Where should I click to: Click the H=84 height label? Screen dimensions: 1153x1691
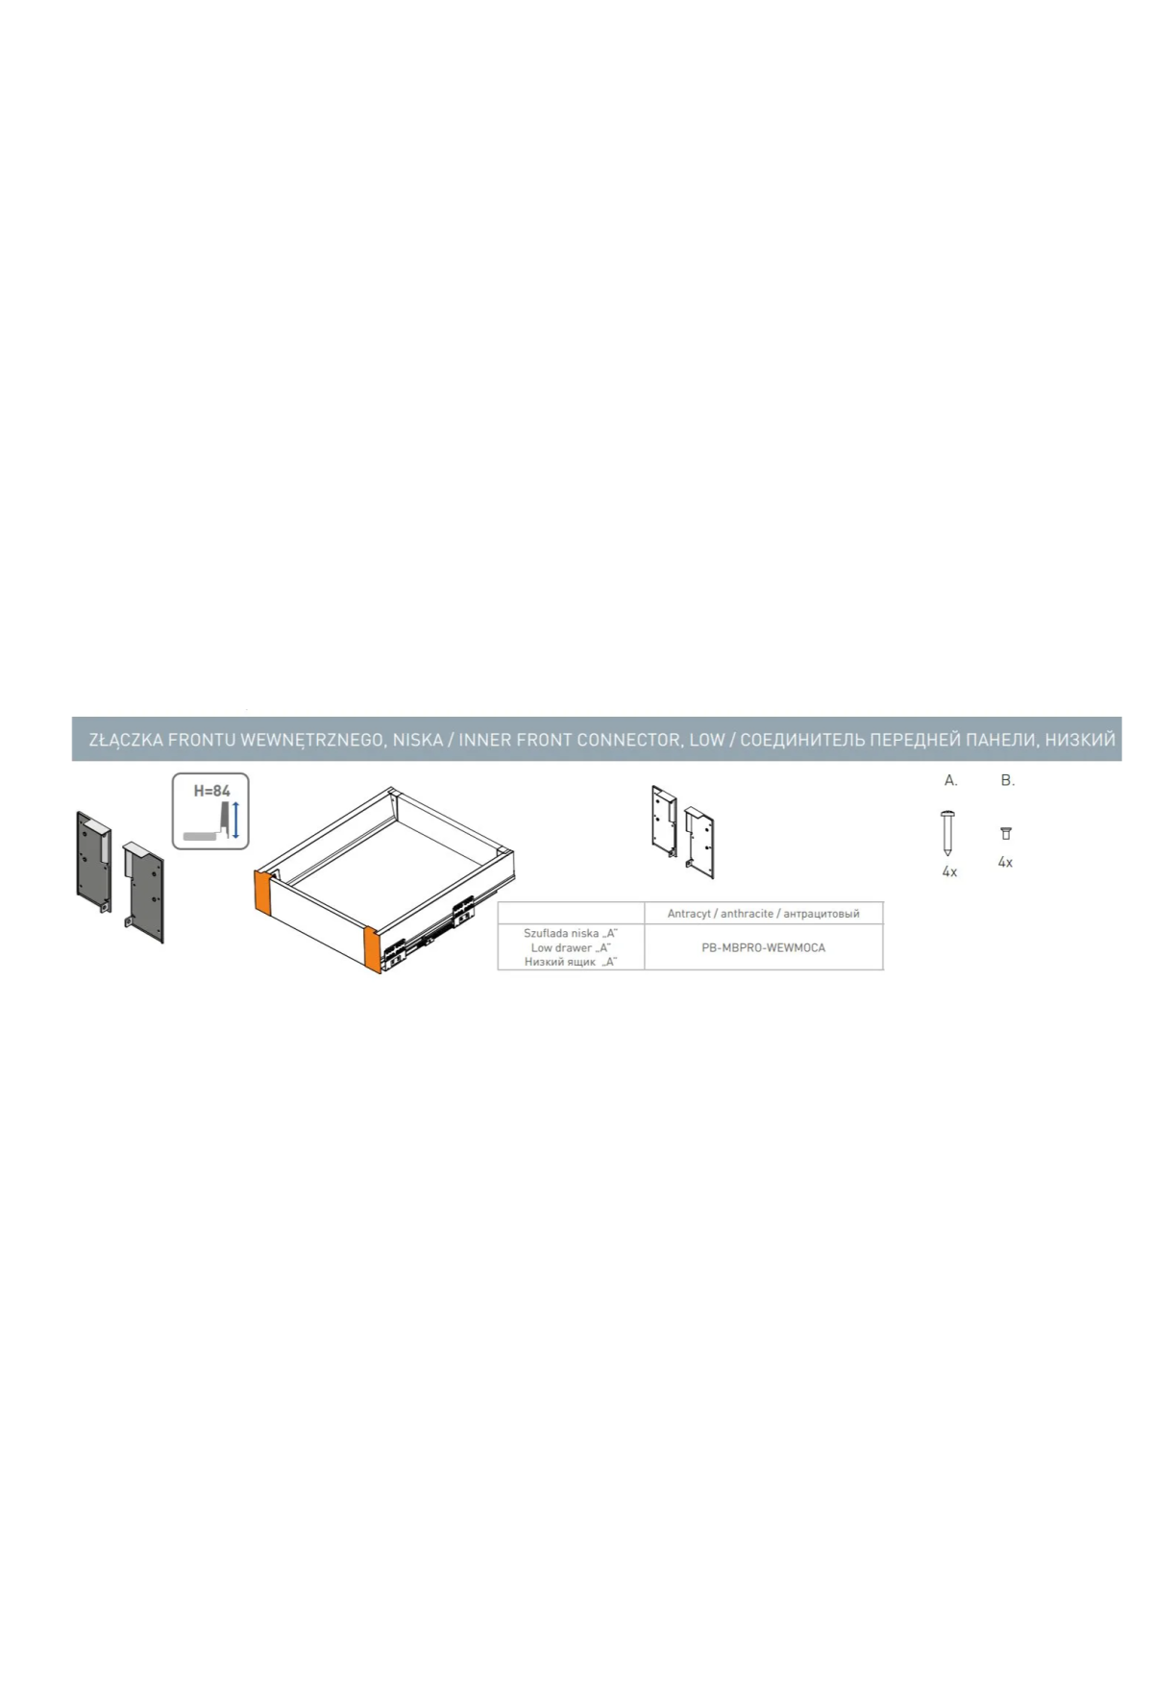tap(211, 791)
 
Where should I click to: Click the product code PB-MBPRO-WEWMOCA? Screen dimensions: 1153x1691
tap(763, 947)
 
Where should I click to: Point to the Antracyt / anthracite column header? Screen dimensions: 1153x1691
tap(763, 914)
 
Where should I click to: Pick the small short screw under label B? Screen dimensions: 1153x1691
tap(1006, 833)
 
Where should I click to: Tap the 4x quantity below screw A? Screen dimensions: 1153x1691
tap(949, 871)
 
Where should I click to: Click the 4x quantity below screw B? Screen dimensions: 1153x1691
tap(1005, 862)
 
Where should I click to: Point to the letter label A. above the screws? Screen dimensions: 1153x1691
tap(951, 780)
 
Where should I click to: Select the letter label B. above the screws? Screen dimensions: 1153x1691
tap(1007, 780)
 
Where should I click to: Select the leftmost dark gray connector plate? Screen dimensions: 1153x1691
tap(94, 862)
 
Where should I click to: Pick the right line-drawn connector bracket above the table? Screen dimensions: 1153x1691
tap(699, 842)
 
